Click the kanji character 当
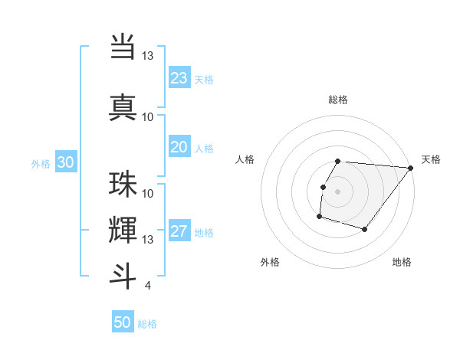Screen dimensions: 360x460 pos(123,45)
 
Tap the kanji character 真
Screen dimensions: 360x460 pos(123,106)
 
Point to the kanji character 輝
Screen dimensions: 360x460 pos(123,230)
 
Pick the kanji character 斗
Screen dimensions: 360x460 pos(123,275)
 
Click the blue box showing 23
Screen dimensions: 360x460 pos(179,78)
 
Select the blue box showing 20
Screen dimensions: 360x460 pos(179,147)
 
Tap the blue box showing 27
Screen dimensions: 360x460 pos(179,232)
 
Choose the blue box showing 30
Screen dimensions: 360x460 pos(65,162)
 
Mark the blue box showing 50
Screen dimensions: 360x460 pos(123,322)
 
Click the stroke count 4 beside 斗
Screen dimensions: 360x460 pos(147,286)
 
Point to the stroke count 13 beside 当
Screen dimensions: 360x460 pos(147,56)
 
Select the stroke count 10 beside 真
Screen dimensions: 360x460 pos(147,117)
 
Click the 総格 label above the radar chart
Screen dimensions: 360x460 pos(337,100)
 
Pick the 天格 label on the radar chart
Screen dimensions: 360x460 pos(431,159)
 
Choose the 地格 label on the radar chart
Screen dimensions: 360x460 pos(402,263)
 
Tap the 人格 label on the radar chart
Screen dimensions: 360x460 pos(245,159)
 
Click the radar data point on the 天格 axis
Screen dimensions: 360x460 pos(410,168)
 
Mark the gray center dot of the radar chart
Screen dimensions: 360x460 pos(337,191)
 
